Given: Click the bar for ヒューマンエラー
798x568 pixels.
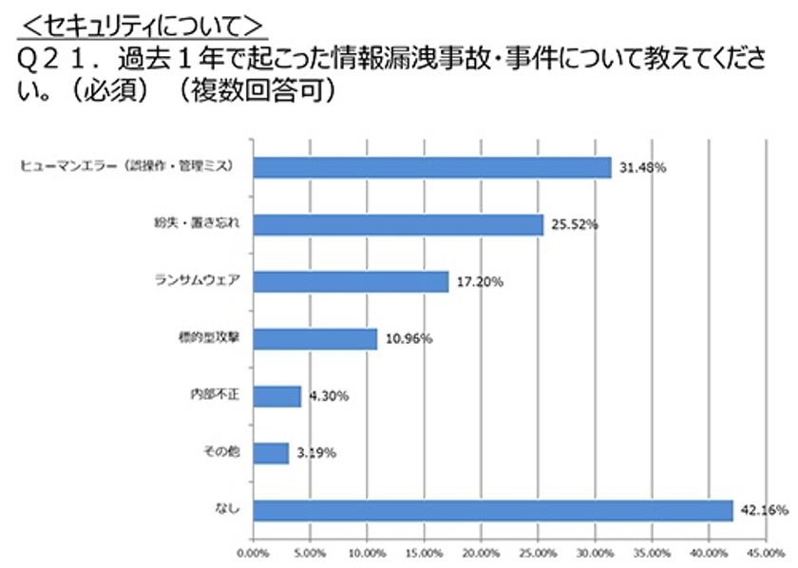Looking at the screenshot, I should pos(432,167).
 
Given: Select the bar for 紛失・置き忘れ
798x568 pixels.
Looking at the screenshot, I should pos(398,224).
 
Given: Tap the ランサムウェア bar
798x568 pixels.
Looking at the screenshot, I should pos(351,281).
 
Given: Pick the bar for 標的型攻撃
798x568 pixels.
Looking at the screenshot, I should pos(315,338).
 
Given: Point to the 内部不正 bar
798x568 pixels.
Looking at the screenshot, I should pos(277,395).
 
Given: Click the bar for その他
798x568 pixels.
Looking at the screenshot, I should pos(271,453).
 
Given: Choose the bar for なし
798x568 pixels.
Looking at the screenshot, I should pos(493,510).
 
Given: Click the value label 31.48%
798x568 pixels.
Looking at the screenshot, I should pos(641,168).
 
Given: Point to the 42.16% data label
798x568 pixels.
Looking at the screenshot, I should pos(763,510).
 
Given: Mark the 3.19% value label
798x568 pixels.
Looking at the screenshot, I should pos(314,453).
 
